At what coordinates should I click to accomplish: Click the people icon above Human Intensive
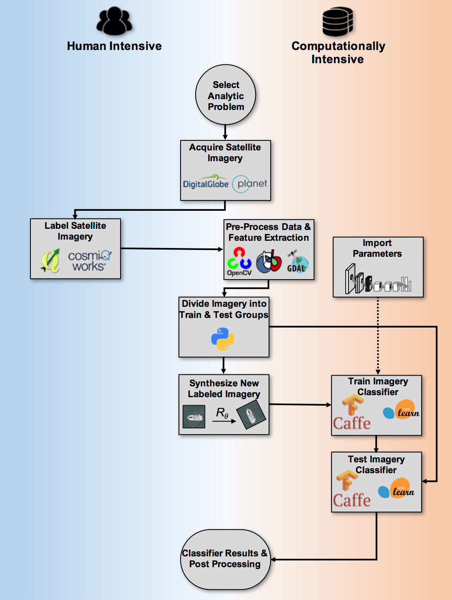[114, 21]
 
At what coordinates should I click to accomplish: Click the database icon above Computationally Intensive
[337, 22]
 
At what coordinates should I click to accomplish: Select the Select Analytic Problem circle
[225, 95]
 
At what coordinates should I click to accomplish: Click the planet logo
[251, 184]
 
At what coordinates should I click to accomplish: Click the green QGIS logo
[50, 260]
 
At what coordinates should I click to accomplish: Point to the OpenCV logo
[239, 262]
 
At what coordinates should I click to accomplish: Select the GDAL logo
[297, 262]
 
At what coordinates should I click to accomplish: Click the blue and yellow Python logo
[223, 339]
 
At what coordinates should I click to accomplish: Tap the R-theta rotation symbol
[223, 413]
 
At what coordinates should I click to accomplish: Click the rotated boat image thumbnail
[251, 415]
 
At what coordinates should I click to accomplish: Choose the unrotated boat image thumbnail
[194, 417]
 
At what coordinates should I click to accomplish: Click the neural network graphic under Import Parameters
[378, 280]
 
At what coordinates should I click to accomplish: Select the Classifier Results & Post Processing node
[225, 559]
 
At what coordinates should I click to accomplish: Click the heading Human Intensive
[114, 46]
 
